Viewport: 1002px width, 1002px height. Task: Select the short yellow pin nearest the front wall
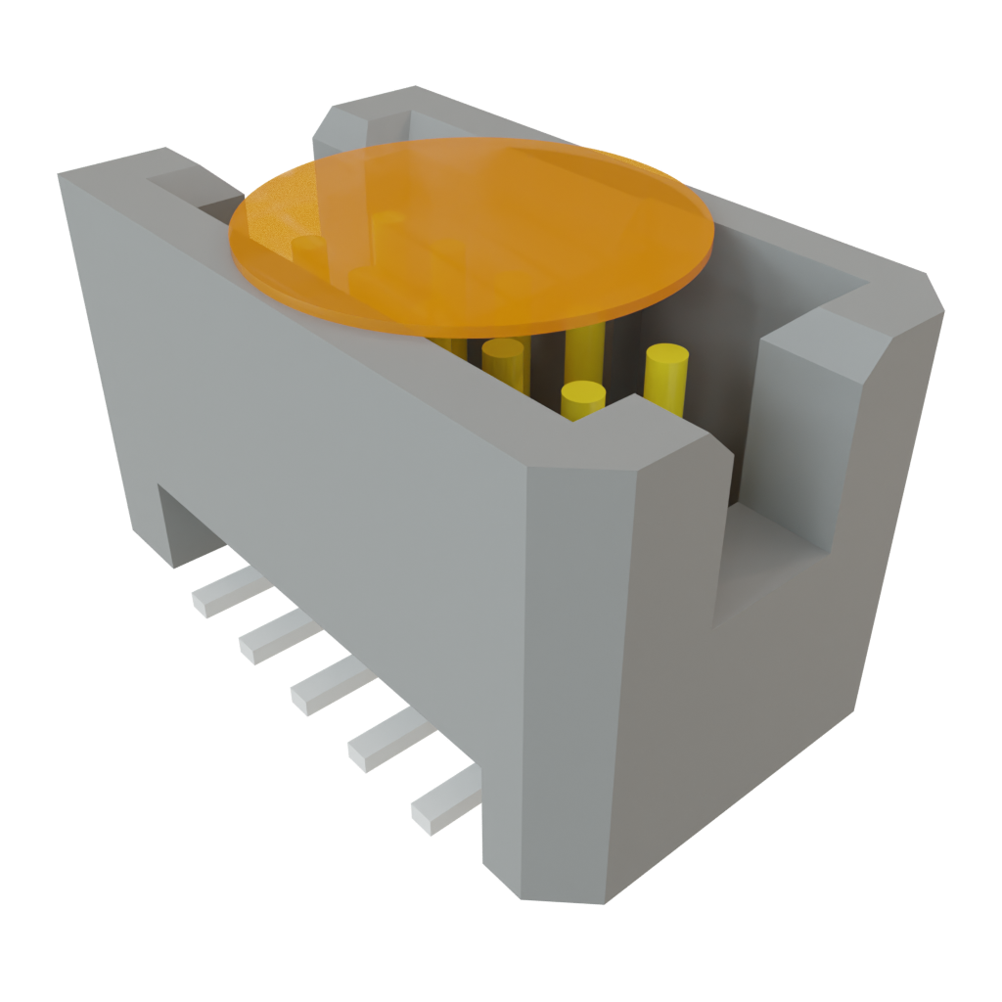583,398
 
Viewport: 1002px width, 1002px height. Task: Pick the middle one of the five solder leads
327,684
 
